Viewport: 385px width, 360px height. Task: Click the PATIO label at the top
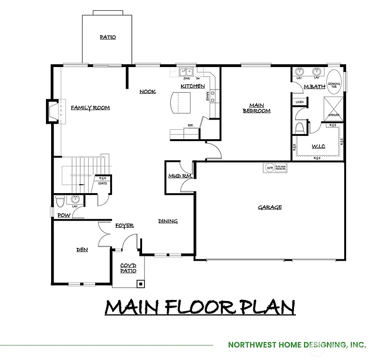(108, 37)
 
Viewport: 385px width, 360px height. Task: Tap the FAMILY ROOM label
(91, 108)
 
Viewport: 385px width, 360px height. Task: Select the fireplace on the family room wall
(53, 111)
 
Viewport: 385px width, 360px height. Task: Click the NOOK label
(148, 91)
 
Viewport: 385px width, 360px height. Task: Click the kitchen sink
(186, 72)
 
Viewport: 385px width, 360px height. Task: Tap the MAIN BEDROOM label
(257, 108)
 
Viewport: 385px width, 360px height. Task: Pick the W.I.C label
(318, 146)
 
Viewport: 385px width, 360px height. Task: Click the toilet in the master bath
(300, 127)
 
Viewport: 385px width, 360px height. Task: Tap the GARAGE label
(270, 207)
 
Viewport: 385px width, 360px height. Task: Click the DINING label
(168, 221)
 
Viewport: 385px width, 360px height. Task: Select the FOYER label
(125, 226)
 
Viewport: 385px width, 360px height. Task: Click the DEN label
(82, 250)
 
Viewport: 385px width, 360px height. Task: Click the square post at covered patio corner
(140, 283)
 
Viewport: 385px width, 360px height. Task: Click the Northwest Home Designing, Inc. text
(297, 345)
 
